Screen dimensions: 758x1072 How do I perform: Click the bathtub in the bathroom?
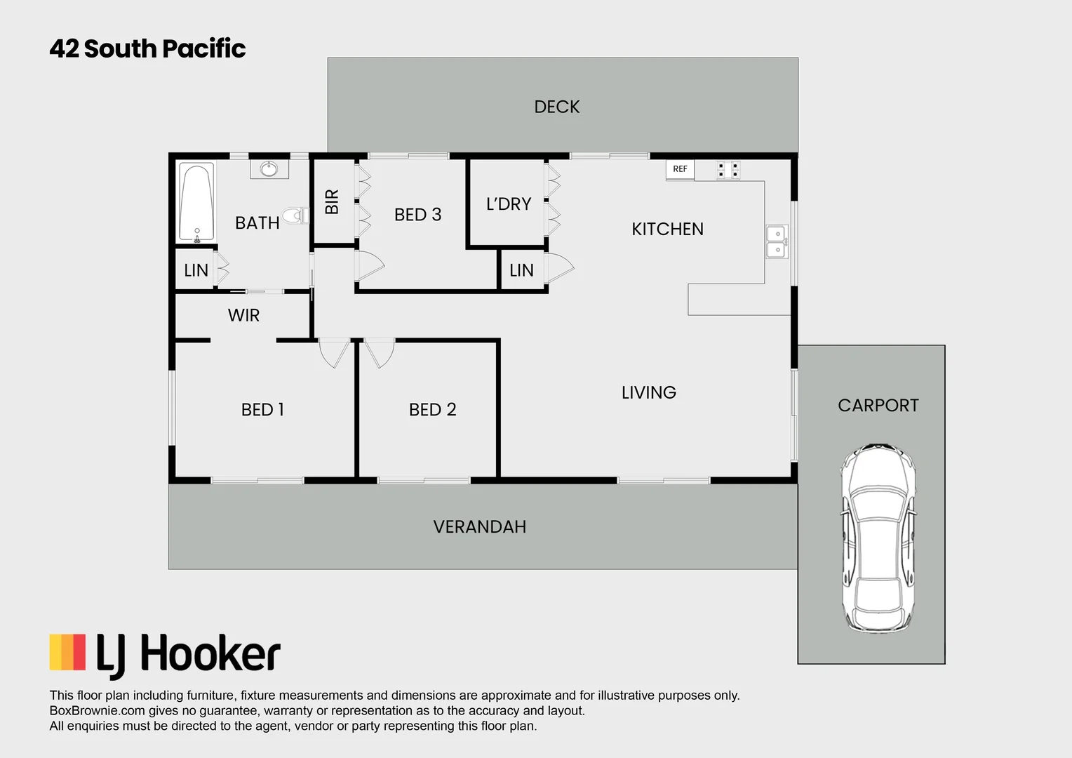pyautogui.click(x=196, y=203)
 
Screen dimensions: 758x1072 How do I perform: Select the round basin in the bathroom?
pyautogui.click(x=269, y=168)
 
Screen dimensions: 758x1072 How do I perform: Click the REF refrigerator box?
pyautogui.click(x=680, y=169)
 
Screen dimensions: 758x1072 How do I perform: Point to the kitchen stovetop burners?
pyautogui.click(x=728, y=170)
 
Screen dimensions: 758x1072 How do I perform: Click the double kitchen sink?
pyautogui.click(x=777, y=241)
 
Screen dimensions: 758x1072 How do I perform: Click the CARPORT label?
pyautogui.click(x=878, y=406)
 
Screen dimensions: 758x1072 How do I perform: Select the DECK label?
pyautogui.click(x=557, y=107)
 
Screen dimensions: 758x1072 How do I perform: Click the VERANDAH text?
pyautogui.click(x=479, y=527)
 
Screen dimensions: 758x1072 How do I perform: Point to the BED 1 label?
pyautogui.click(x=262, y=410)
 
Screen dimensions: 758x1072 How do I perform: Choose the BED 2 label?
pyautogui.click(x=432, y=410)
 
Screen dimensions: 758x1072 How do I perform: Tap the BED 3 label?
pyautogui.click(x=417, y=215)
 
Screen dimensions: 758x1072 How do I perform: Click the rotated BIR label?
pyautogui.click(x=333, y=202)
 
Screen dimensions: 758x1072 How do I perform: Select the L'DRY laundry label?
pyautogui.click(x=509, y=204)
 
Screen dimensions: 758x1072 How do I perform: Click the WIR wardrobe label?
pyautogui.click(x=243, y=316)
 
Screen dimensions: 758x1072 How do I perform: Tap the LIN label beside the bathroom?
pyautogui.click(x=196, y=271)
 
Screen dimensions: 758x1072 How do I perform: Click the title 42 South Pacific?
pyautogui.click(x=147, y=48)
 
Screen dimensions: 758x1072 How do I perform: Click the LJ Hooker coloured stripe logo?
pyautogui.click(x=67, y=652)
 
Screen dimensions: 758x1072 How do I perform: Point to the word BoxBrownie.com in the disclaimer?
pyautogui.click(x=97, y=710)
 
